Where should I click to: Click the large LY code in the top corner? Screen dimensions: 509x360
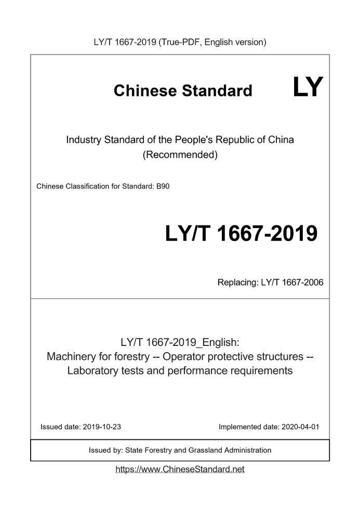click(x=308, y=87)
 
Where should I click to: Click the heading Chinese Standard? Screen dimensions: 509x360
click(x=183, y=91)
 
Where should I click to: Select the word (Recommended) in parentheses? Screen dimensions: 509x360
click(x=180, y=154)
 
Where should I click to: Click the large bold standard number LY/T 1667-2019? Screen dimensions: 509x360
click(x=241, y=234)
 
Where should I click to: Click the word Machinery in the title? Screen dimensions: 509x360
click(x=71, y=357)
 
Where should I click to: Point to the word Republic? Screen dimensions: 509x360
click(x=231, y=140)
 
